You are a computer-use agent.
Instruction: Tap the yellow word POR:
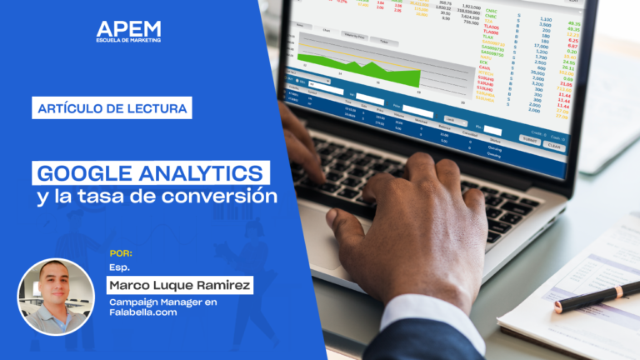[121, 252]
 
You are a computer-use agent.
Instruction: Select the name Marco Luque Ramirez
[180, 286]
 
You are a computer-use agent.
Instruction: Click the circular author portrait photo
[56, 297]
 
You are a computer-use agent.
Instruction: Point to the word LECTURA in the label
[152, 107]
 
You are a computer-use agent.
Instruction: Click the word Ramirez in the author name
[221, 286]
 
